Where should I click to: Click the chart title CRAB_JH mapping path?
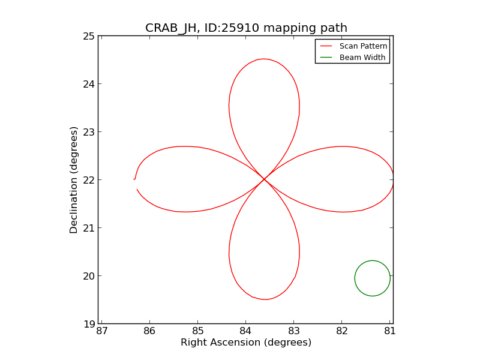tap(246, 28)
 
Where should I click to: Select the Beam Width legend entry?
tap(362, 58)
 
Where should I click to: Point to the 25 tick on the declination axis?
tap(89, 36)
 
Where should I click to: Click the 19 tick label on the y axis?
tap(89, 324)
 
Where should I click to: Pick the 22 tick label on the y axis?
tap(89, 180)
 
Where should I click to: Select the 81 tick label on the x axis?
tap(390, 331)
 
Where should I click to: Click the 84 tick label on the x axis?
tap(245, 331)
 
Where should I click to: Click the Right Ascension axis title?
tap(246, 343)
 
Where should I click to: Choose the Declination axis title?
tap(74, 180)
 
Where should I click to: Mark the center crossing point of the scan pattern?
tap(265, 179)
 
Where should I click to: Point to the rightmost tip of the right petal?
tap(393, 179)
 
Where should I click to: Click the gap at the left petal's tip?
tap(136, 184)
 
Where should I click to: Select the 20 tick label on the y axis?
tap(89, 276)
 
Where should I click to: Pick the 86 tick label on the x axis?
tap(149, 331)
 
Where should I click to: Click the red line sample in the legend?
tap(326, 46)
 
